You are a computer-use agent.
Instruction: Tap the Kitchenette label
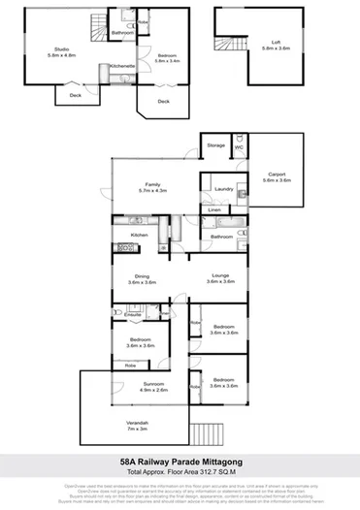122,65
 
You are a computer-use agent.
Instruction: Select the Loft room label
268,45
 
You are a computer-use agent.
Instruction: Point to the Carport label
277,175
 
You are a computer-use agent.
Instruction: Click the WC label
238,146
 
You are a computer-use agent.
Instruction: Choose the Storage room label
215,145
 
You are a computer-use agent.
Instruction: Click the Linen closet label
213,209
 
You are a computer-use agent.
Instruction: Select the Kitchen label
139,236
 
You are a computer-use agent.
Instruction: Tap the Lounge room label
220,278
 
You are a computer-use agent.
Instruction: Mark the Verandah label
137,428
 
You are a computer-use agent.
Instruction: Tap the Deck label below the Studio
76,94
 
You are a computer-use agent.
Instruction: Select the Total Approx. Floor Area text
180,473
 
